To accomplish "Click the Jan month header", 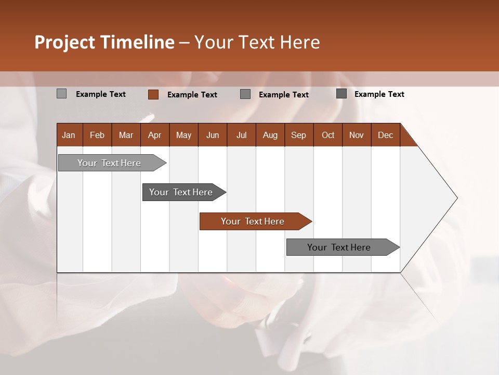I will pos(69,135).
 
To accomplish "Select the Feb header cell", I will pos(97,135).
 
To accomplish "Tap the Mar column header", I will pos(126,135).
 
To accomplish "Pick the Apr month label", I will pos(154,135).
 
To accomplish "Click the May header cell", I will pos(183,135).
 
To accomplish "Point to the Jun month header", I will pos(213,135).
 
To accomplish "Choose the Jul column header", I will pos(241,135).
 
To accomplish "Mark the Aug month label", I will pos(270,135).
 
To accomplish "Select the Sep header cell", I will pos(298,135).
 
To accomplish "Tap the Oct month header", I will pos(328,135).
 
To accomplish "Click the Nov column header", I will pos(356,135).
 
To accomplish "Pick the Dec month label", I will pos(385,135).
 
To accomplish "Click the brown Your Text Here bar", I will pos(253,221).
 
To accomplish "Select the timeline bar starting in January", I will pos(110,163).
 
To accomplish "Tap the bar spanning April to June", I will pos(181,192).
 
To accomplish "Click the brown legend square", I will pos(153,94).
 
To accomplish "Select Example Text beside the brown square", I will pos(192,95).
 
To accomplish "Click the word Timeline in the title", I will pos(137,42).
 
